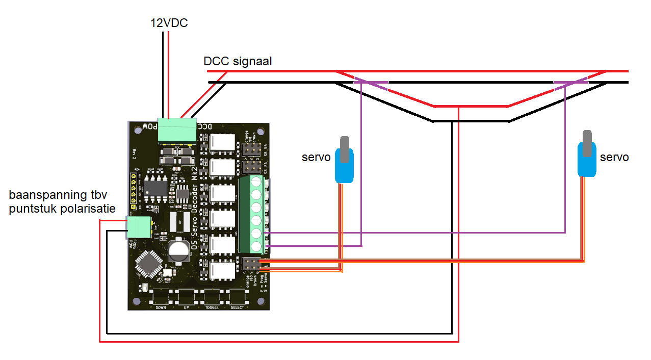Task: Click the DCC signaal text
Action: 238,62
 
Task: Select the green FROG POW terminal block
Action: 139,227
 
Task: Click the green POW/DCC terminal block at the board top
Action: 177,130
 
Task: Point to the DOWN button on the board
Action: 160,297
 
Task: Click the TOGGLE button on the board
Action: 212,297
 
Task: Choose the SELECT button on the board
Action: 237,297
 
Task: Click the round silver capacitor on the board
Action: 178,250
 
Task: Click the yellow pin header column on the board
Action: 134,191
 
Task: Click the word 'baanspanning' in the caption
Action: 42,195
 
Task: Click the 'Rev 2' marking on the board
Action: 135,154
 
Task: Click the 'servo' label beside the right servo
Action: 614,158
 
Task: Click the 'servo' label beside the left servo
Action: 316,158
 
